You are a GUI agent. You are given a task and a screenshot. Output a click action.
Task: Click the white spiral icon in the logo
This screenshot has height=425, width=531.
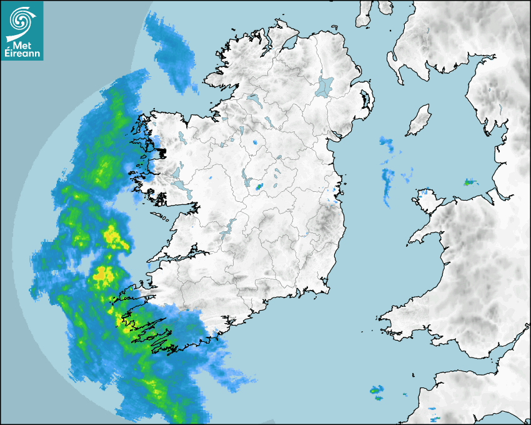click(x=21, y=21)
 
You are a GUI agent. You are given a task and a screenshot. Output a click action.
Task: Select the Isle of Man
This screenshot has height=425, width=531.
click(x=419, y=120)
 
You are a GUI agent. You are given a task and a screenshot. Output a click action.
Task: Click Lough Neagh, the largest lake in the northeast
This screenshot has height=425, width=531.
click(x=325, y=86)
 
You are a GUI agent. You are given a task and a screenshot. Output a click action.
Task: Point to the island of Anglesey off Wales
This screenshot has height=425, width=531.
click(x=426, y=198)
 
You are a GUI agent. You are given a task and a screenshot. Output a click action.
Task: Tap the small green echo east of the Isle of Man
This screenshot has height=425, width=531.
click(x=469, y=182)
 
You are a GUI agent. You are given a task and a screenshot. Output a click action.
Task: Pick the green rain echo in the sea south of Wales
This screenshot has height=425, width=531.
click(x=376, y=391)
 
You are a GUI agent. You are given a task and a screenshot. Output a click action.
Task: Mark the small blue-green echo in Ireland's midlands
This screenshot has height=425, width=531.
click(x=259, y=186)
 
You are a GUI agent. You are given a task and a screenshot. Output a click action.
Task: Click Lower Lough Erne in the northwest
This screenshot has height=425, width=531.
click(x=254, y=99)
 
